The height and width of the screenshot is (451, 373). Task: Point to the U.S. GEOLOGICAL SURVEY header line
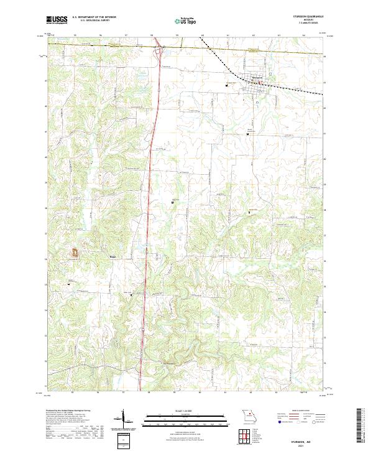91,21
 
